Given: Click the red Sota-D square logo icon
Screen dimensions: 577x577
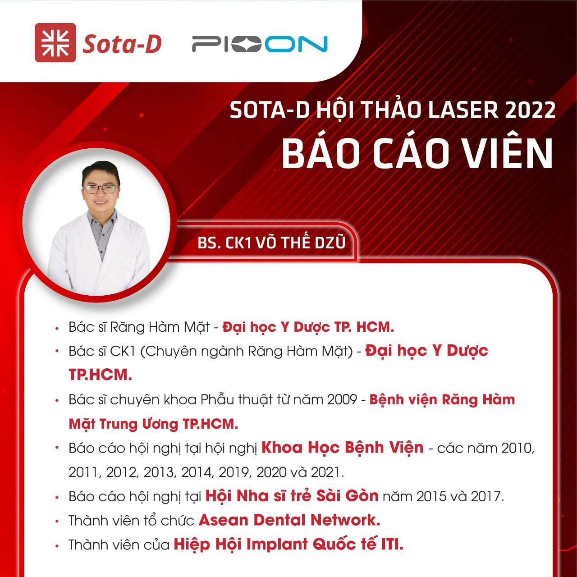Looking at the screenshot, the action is pyautogui.click(x=55, y=42).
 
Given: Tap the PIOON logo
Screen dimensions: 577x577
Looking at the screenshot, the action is pyautogui.click(x=260, y=44).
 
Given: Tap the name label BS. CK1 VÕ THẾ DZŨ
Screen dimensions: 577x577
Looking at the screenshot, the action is pyautogui.click(x=271, y=242).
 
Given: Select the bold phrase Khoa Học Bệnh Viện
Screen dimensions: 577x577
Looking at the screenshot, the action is pyautogui.click(x=342, y=448).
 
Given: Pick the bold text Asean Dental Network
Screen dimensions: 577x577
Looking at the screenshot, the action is pyautogui.click(x=289, y=520).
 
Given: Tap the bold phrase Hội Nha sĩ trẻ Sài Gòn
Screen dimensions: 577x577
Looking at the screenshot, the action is pyautogui.click(x=292, y=496).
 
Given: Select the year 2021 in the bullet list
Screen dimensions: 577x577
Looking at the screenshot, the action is pyautogui.click(x=327, y=472).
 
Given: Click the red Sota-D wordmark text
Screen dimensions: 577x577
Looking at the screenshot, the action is pyautogui.click(x=122, y=44).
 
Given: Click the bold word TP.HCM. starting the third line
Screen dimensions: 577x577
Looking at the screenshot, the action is pyautogui.click(x=101, y=375).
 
